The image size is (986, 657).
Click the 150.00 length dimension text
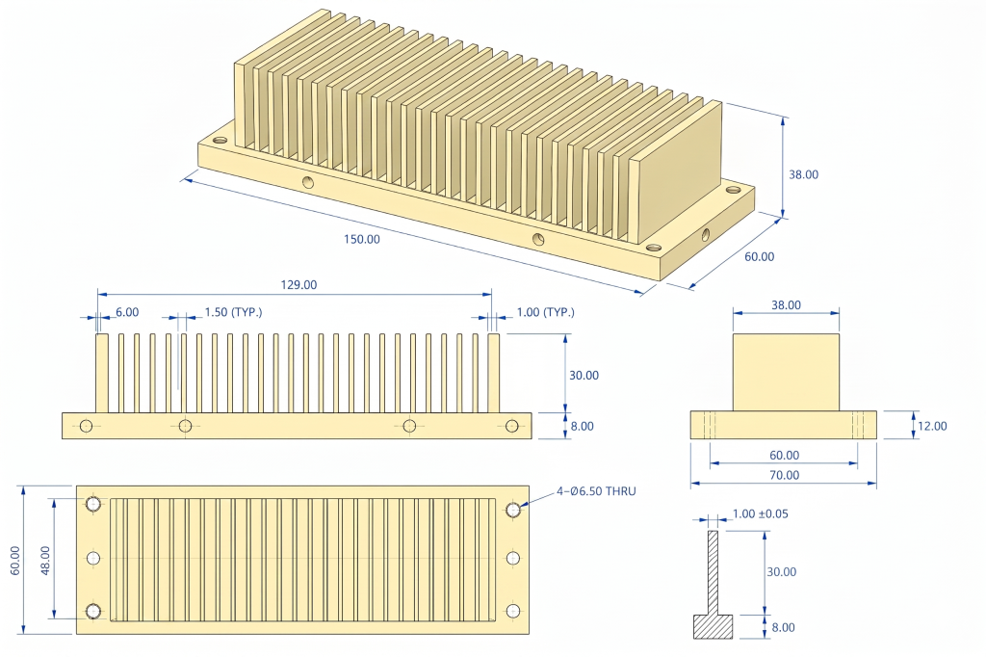click(x=362, y=239)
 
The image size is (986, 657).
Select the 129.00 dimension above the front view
click(x=298, y=284)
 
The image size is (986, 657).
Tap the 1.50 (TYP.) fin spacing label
click(x=233, y=312)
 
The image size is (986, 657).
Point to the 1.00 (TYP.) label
click(x=545, y=312)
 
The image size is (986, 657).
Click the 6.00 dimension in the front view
click(x=127, y=312)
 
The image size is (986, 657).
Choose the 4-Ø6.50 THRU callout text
click(x=596, y=491)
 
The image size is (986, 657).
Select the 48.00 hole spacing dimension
click(x=43, y=557)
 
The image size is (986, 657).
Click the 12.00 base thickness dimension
click(x=932, y=426)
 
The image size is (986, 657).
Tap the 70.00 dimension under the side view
click(x=784, y=475)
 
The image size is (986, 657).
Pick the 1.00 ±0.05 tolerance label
click(x=760, y=513)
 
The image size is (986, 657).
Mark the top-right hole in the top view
click(x=513, y=509)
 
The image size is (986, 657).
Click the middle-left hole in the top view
click(x=93, y=558)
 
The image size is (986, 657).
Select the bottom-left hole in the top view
click(x=93, y=611)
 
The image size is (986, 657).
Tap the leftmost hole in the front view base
click(x=87, y=426)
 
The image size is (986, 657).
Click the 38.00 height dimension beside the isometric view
click(x=803, y=174)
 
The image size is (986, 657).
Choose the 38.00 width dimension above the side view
click(x=786, y=304)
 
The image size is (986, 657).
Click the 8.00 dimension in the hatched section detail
click(x=783, y=627)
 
